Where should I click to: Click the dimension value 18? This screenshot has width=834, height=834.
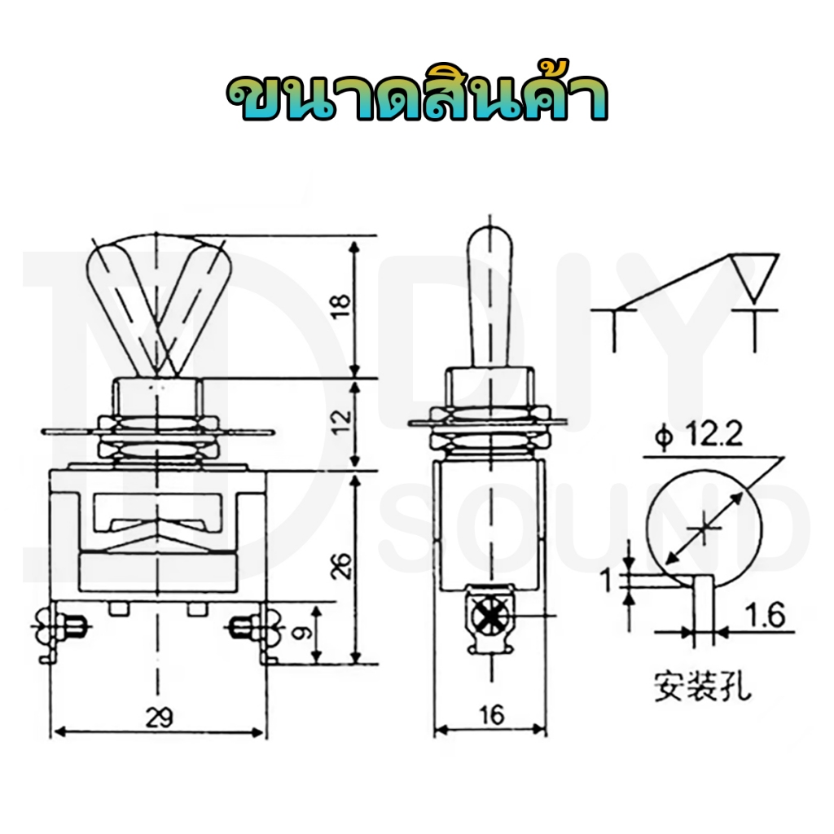[342, 306]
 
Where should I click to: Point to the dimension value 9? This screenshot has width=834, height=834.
[301, 632]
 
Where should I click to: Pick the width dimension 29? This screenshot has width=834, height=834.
[160, 718]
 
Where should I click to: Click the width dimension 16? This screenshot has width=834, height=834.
[491, 715]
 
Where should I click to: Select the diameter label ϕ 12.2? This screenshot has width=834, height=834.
[698, 437]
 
